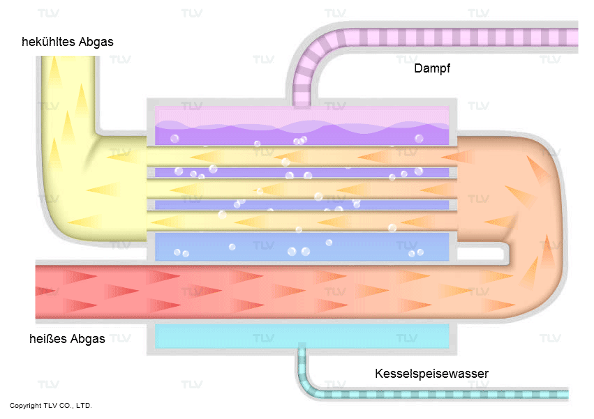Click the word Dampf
click(432, 68)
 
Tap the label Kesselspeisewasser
click(431, 374)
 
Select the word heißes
click(48, 338)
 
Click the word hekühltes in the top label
click(48, 42)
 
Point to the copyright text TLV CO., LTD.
click(68, 405)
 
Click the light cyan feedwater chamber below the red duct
click(302, 336)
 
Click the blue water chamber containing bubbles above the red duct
click(302, 246)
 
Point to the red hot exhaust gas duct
click(265, 291)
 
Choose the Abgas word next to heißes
click(88, 338)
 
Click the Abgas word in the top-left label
click(96, 42)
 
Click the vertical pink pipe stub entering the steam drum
click(302, 96)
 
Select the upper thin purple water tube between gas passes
click(302, 173)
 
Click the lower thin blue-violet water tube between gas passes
click(302, 205)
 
